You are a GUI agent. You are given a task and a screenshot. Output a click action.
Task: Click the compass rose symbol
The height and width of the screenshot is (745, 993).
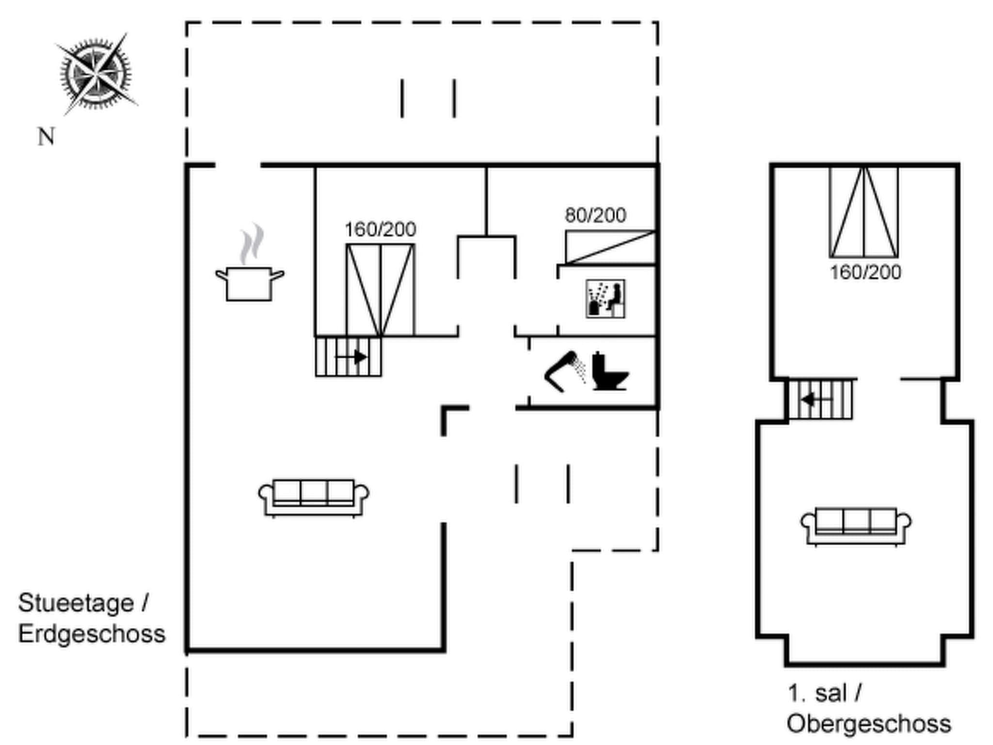96,74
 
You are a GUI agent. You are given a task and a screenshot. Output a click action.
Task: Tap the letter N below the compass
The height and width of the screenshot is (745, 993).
46,137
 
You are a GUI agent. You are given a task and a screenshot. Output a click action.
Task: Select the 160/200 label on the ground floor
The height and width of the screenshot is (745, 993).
380,229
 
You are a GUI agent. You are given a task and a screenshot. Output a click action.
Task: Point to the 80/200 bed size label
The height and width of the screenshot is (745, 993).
595,215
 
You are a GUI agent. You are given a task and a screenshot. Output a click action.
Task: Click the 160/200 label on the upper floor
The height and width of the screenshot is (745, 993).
865,273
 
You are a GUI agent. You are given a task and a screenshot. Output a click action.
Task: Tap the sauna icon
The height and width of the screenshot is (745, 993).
605,299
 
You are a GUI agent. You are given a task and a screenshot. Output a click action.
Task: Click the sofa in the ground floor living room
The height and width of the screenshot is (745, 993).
314,497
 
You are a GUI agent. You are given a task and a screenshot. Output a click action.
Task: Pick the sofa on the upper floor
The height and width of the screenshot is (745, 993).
856,526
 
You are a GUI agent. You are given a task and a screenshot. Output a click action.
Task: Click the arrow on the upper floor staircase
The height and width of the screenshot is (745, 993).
817,400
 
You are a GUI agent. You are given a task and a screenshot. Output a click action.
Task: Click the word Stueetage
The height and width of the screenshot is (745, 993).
76,603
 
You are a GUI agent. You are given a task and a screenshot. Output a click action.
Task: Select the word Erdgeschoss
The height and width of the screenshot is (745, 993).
92,634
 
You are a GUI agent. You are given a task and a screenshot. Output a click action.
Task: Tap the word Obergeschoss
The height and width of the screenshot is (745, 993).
868,724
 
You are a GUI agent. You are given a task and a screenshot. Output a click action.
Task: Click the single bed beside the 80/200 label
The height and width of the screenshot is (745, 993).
610,248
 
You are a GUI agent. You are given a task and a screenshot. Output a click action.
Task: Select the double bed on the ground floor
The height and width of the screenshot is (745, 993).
380,290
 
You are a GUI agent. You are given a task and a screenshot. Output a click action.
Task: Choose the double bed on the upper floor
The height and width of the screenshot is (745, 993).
864,212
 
